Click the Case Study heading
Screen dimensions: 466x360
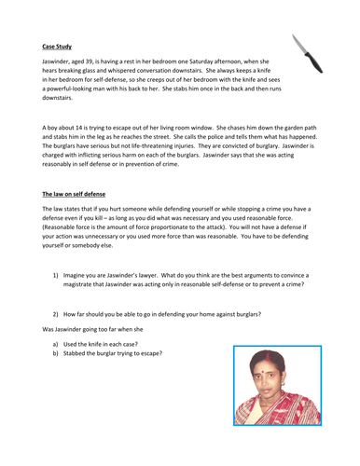coord(57,45)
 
